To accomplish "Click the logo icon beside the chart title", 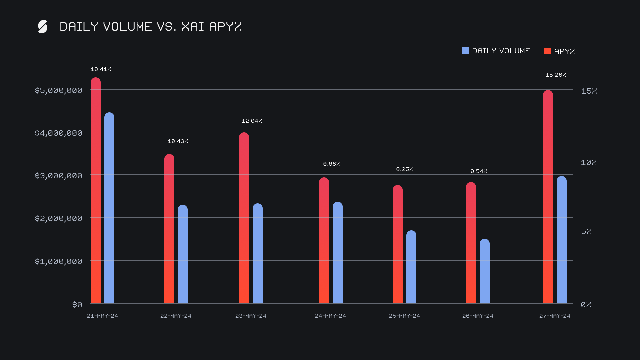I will click(43, 27).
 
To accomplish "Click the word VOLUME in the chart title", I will click(127, 27).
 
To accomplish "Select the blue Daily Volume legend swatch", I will click(465, 50).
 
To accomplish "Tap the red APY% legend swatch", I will click(547, 51).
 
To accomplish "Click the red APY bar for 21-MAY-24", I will click(96, 190).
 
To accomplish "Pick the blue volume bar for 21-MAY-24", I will click(109, 208).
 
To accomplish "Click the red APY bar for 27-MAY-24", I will click(548, 197).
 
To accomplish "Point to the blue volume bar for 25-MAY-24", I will click(411, 267).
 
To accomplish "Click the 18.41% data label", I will click(101, 69).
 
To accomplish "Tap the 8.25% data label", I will click(404, 169).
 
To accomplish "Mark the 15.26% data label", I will click(556, 75).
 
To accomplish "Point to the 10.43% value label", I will click(178, 141).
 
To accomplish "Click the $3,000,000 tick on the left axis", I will click(58, 176).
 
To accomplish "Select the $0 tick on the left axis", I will click(77, 305).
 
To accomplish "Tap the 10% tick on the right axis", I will click(588, 163).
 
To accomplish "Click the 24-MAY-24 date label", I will click(330, 316).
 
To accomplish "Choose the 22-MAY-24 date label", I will click(176, 316).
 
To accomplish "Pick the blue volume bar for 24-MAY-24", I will click(337, 253).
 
